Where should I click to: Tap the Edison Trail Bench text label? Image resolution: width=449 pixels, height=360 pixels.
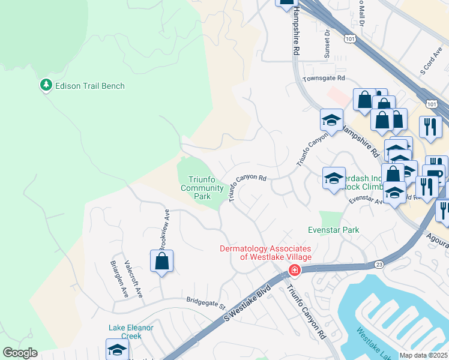pos(89,86)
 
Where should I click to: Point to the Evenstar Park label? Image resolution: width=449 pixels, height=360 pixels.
pos(333,230)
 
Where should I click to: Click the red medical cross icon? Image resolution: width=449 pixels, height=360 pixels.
pos(294,270)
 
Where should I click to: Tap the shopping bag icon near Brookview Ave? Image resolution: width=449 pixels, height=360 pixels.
pos(161,261)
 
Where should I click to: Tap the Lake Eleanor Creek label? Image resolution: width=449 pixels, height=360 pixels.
pos(131,332)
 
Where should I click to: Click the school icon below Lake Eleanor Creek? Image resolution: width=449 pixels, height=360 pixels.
pos(117,349)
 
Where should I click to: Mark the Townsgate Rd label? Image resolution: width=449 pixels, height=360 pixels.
pos(324,79)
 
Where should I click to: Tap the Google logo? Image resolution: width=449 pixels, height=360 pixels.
pos(20,353)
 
